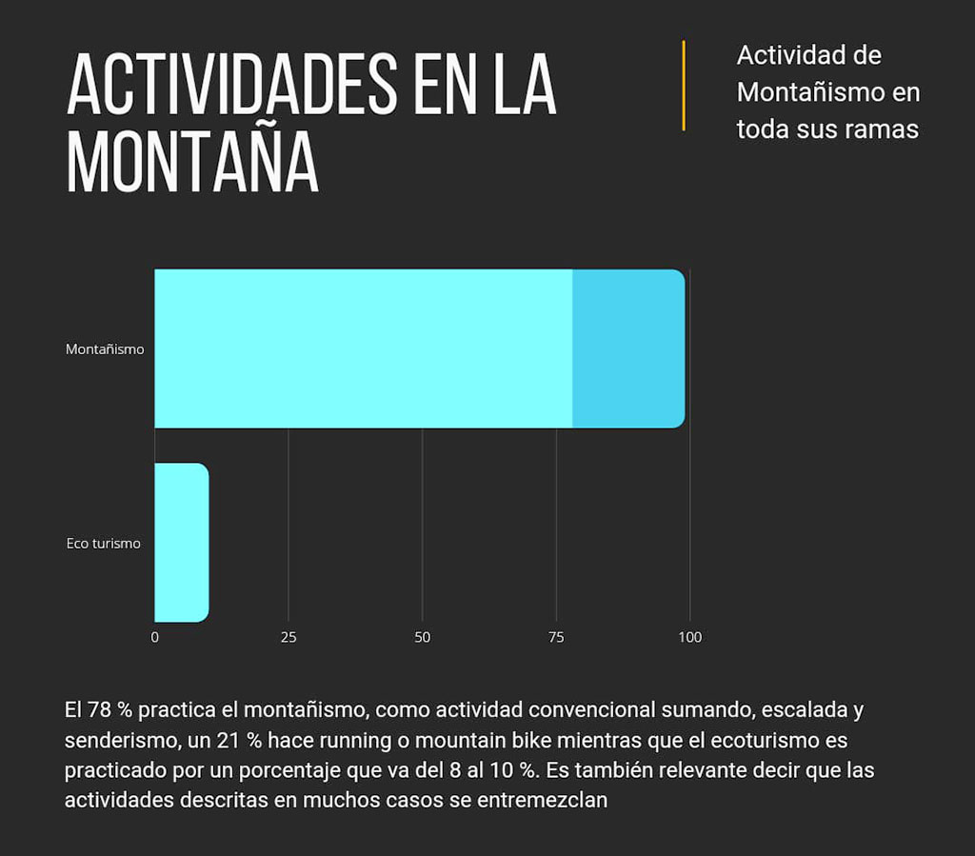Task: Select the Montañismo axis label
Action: pos(105,349)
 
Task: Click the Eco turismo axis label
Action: pos(103,544)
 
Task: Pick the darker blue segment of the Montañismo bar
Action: pos(627,348)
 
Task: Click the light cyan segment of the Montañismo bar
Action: pos(363,348)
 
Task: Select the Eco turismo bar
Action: pos(181,542)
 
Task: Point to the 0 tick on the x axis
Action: pos(155,637)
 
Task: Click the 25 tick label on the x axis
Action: pos(289,637)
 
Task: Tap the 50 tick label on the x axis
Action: pos(423,637)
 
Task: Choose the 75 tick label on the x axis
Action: pos(556,637)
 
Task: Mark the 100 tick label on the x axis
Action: pos(689,637)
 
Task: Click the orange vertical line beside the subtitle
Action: pos(684,86)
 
